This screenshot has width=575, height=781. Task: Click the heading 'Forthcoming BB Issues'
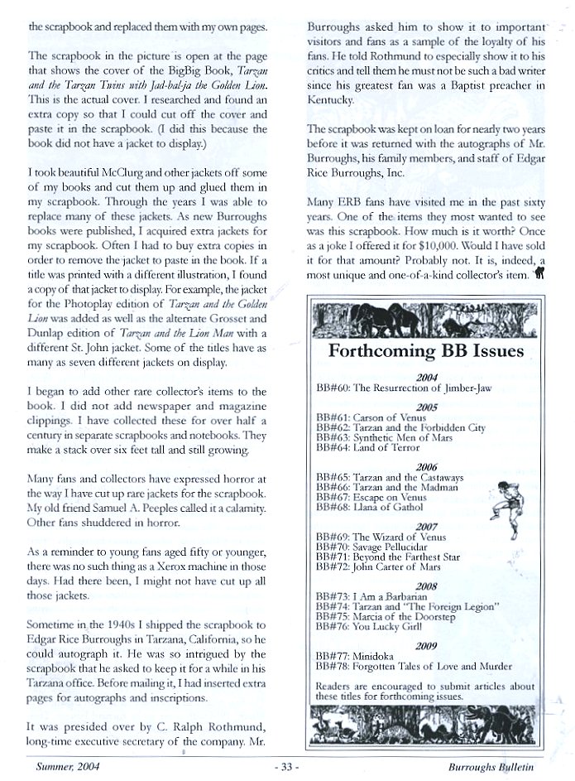tap(425, 350)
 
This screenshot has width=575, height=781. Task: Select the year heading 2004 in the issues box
tap(427, 377)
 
